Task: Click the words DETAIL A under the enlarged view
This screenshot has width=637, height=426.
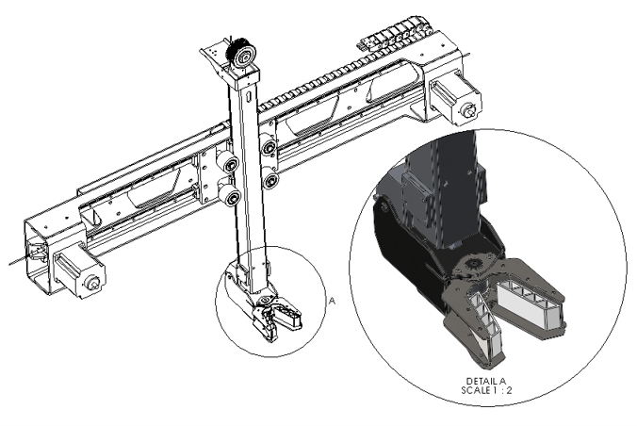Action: pyautogui.click(x=486, y=382)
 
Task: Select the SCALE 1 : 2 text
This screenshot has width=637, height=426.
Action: pyautogui.click(x=486, y=390)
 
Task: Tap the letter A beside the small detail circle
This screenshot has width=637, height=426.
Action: pyautogui.click(x=333, y=302)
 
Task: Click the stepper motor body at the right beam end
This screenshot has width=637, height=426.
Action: pyautogui.click(x=456, y=99)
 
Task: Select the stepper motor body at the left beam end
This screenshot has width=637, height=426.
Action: pyautogui.click(x=79, y=270)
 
